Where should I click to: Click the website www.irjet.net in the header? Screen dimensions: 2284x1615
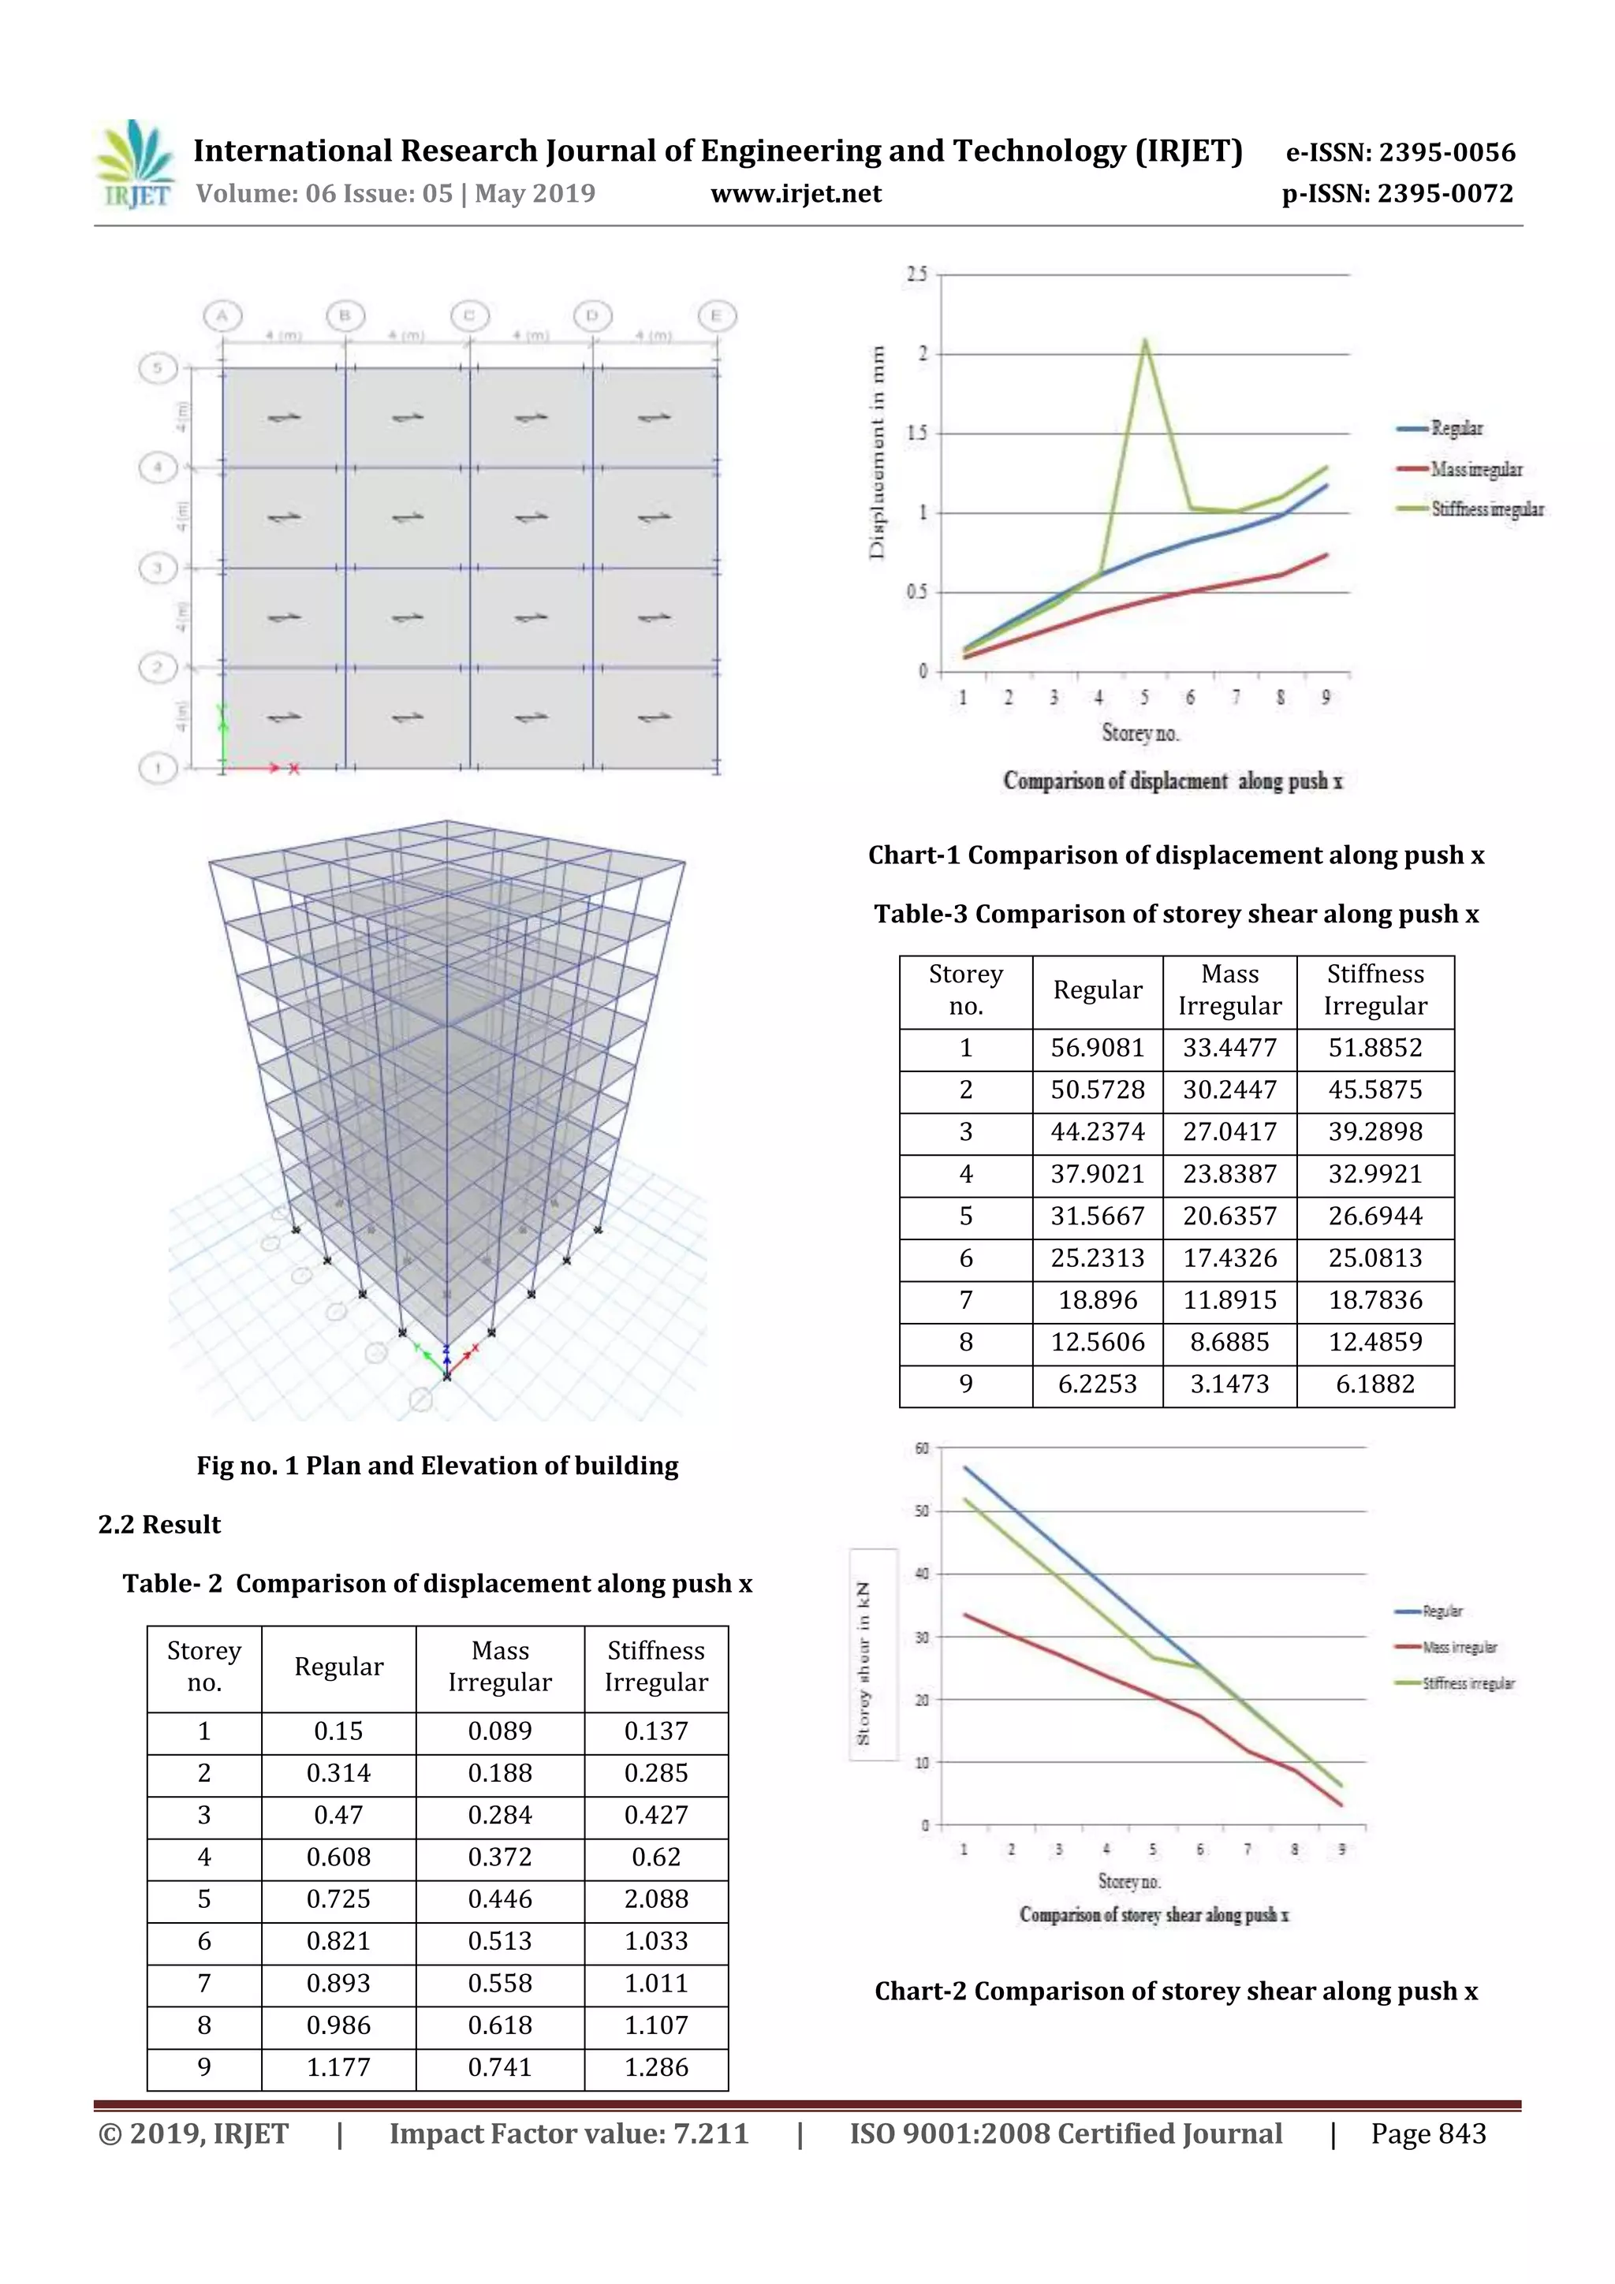[795, 193]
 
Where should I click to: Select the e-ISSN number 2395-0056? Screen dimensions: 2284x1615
[1400, 152]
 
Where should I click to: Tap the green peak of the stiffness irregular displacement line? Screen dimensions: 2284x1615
[1144, 341]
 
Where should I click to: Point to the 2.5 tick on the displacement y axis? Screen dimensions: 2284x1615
[916, 274]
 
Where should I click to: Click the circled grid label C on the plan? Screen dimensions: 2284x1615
[468, 316]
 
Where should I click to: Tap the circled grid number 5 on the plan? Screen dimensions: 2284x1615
[157, 369]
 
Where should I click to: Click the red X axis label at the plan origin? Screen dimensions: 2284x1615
[295, 769]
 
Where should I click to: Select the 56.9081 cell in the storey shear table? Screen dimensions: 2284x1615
[1097, 1048]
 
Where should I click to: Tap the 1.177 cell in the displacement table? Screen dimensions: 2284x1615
[338, 2066]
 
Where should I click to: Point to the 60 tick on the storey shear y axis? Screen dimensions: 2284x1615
[921, 1448]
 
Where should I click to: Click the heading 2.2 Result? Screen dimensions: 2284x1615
[159, 1524]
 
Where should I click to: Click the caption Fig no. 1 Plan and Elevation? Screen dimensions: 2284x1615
[437, 1466]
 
